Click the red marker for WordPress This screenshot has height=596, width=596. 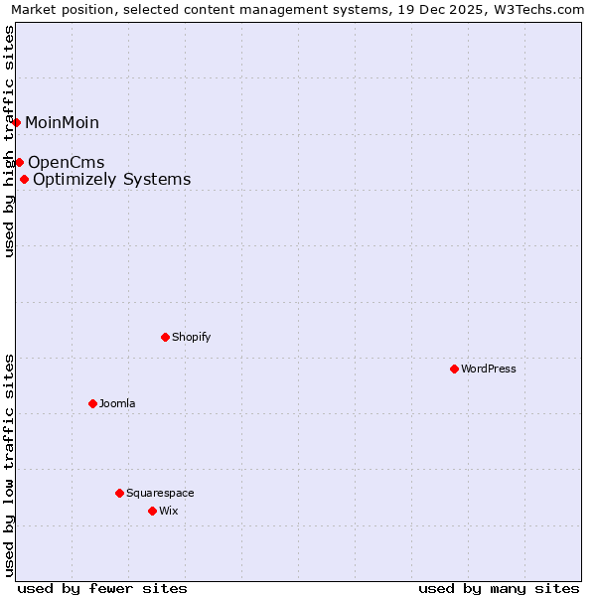(454, 369)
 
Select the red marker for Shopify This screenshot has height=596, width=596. (165, 337)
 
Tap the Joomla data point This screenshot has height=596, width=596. (92, 403)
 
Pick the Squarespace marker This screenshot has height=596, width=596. (119, 493)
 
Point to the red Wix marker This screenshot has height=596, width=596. (152, 511)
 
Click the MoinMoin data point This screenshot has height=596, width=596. (16, 122)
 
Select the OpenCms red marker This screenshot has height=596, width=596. (19, 162)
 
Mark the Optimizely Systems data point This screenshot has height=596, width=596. (24, 179)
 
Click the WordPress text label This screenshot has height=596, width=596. (489, 369)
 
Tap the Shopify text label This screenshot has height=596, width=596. (192, 337)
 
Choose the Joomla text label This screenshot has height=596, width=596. (117, 403)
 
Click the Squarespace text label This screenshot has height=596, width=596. (160, 493)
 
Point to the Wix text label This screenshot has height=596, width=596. (169, 511)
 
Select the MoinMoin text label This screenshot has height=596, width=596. (63, 123)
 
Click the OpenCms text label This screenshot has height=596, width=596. (67, 162)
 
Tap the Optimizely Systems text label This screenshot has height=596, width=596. (112, 180)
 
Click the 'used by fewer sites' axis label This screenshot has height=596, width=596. (102, 588)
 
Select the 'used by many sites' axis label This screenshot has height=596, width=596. (499, 588)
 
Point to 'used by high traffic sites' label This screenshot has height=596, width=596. (9, 141)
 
